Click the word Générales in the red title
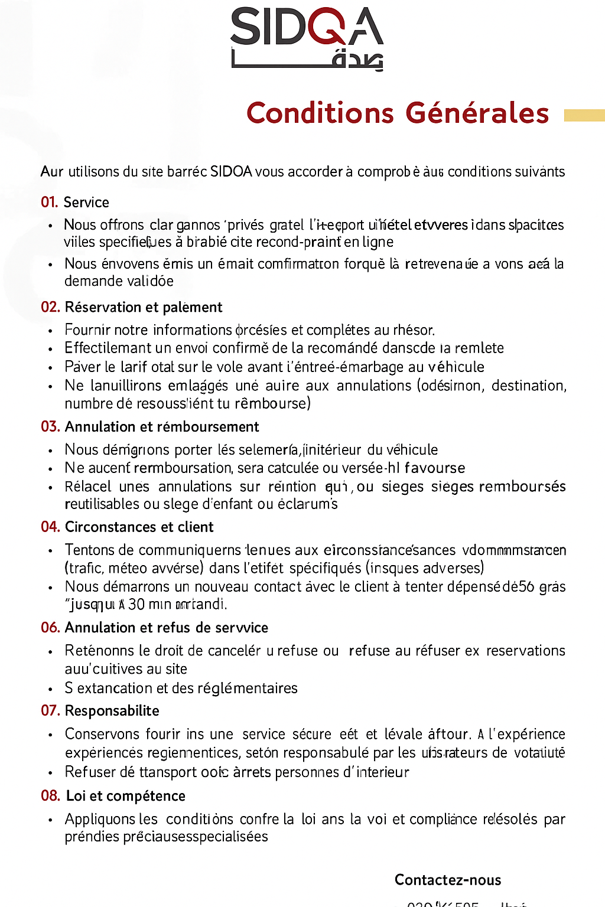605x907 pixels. [477, 113]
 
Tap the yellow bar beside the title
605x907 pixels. [584, 115]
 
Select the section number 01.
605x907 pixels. [49, 203]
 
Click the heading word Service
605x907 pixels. [86, 203]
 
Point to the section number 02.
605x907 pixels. [50, 307]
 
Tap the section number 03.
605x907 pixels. [50, 427]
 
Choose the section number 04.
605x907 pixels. [50, 527]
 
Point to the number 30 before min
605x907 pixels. [136, 605]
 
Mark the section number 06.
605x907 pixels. [50, 628]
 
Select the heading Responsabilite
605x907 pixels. [112, 711]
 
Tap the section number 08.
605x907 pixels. [50, 796]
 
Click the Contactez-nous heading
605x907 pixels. [448, 880]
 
